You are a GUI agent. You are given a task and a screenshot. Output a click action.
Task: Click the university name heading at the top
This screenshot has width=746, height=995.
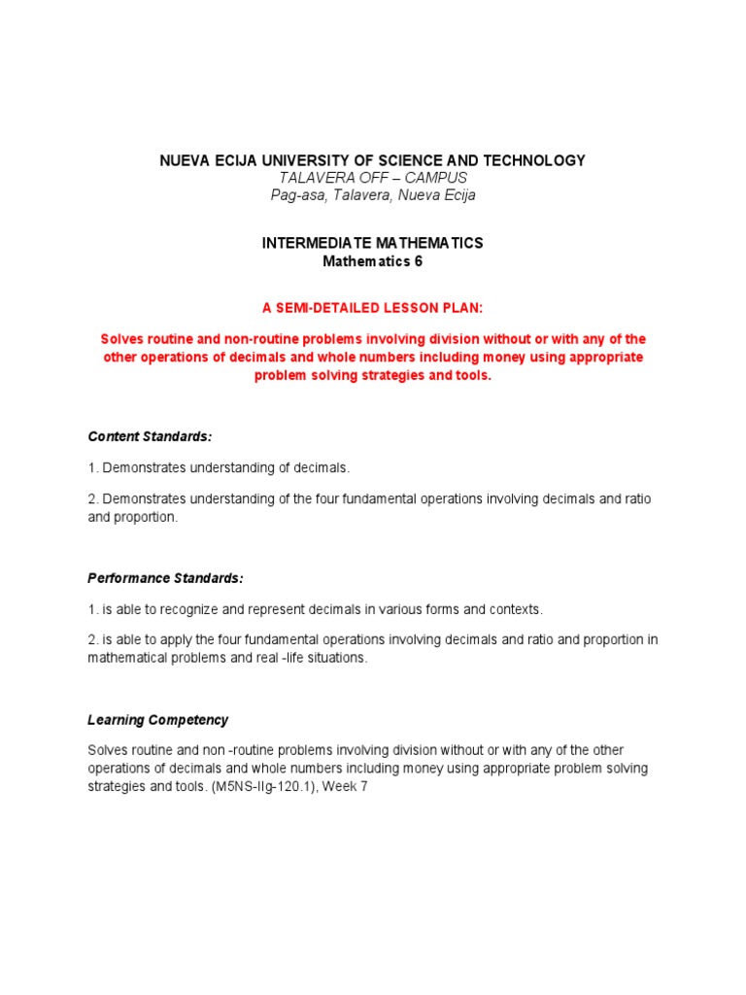click(372, 160)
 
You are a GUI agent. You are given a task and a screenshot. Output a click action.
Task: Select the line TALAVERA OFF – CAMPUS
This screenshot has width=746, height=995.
click(372, 178)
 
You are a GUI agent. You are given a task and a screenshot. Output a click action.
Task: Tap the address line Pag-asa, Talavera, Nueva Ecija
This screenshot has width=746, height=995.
click(372, 195)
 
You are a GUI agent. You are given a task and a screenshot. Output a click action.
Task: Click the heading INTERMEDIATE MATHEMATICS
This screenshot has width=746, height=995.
click(372, 243)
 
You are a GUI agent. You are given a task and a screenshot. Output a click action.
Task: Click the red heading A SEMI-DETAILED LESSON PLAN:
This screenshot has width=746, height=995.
click(372, 308)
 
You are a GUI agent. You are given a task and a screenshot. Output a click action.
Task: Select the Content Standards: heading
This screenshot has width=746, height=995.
click(150, 436)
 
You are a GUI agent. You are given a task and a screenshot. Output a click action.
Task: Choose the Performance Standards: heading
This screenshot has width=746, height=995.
click(165, 578)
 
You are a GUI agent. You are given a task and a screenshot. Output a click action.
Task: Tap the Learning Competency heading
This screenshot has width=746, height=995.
click(158, 720)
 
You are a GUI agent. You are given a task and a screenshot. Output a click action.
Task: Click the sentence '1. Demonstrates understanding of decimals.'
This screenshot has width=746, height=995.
click(219, 468)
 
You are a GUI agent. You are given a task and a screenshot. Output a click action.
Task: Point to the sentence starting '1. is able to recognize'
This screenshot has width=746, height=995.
click(315, 609)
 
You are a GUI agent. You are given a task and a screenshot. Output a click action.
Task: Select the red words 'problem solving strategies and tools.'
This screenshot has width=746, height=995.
click(373, 376)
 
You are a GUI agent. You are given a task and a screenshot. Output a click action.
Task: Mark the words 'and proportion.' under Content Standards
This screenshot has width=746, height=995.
click(133, 517)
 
